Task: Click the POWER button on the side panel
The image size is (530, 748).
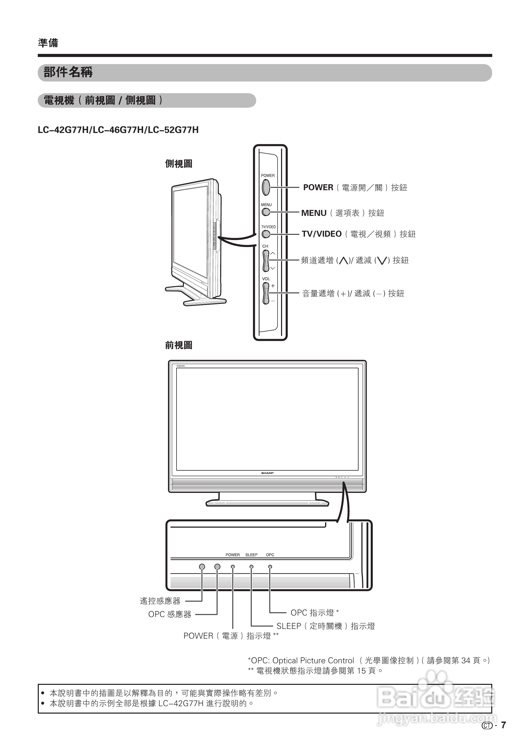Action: tap(266, 187)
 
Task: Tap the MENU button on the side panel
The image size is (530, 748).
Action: tap(266, 212)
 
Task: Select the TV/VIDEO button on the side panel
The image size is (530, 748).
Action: tap(266, 234)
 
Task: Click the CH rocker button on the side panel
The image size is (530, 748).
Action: tap(266, 261)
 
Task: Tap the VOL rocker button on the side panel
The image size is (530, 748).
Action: tap(266, 293)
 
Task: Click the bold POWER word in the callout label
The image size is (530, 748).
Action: tap(318, 187)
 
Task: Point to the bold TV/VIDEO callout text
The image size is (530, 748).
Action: tap(321, 234)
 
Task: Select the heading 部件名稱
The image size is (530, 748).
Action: tap(68, 72)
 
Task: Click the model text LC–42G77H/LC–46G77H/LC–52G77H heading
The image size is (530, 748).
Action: tap(118, 130)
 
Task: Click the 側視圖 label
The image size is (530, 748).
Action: tap(179, 164)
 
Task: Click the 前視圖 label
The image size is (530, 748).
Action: tap(179, 345)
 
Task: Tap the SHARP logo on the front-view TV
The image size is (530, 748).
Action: tap(267, 473)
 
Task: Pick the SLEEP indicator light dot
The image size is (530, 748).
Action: tap(251, 567)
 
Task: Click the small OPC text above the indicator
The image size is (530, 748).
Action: tap(270, 555)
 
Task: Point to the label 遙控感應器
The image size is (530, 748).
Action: tap(160, 601)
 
